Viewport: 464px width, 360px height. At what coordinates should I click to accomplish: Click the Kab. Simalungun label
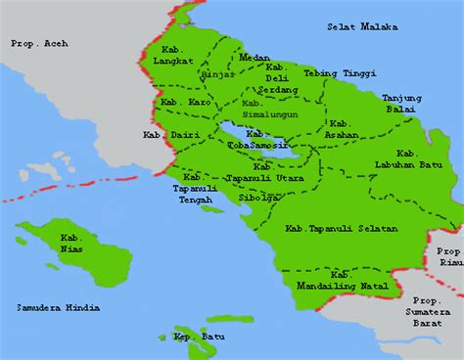pos(263,109)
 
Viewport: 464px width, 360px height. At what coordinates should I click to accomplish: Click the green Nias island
pos(73,249)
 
